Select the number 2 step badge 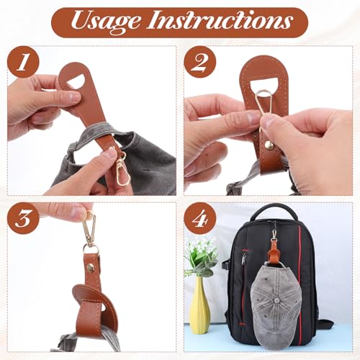pos(199,63)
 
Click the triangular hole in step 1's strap pos(74,76)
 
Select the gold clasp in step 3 pos(89,229)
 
